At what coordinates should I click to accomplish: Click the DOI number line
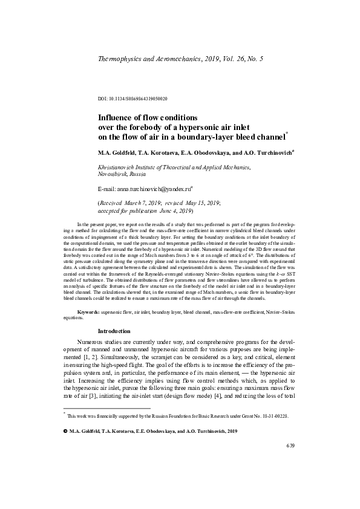tap(133, 98)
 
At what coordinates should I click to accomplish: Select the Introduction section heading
tap(114, 331)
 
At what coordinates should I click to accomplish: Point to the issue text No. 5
tap(254, 59)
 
